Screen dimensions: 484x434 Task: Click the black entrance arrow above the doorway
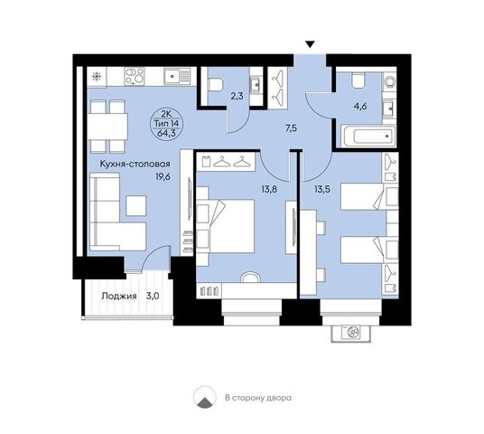(x=311, y=44)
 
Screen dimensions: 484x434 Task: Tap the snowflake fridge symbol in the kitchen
(x=97, y=76)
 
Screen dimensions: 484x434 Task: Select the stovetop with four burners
(x=135, y=76)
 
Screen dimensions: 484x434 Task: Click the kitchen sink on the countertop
(x=177, y=76)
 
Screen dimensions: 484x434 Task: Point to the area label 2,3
(x=237, y=96)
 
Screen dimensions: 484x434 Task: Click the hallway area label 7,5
(x=291, y=128)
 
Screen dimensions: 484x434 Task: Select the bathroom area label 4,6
(x=360, y=107)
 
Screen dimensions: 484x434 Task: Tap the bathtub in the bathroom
(x=368, y=136)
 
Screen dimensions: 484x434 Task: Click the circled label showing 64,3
(x=167, y=124)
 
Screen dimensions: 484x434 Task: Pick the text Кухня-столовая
(x=135, y=164)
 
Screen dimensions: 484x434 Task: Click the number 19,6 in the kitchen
(x=163, y=177)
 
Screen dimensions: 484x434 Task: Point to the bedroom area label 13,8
(x=269, y=189)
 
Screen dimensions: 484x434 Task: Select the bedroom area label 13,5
(x=322, y=189)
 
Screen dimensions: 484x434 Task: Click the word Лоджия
(x=119, y=297)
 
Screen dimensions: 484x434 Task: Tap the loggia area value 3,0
(x=153, y=297)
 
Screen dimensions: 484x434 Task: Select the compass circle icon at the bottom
(x=204, y=397)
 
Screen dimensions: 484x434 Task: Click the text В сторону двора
(x=258, y=398)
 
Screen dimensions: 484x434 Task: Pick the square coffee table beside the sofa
(x=136, y=205)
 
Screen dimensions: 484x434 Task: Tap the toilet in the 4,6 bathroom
(x=358, y=80)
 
